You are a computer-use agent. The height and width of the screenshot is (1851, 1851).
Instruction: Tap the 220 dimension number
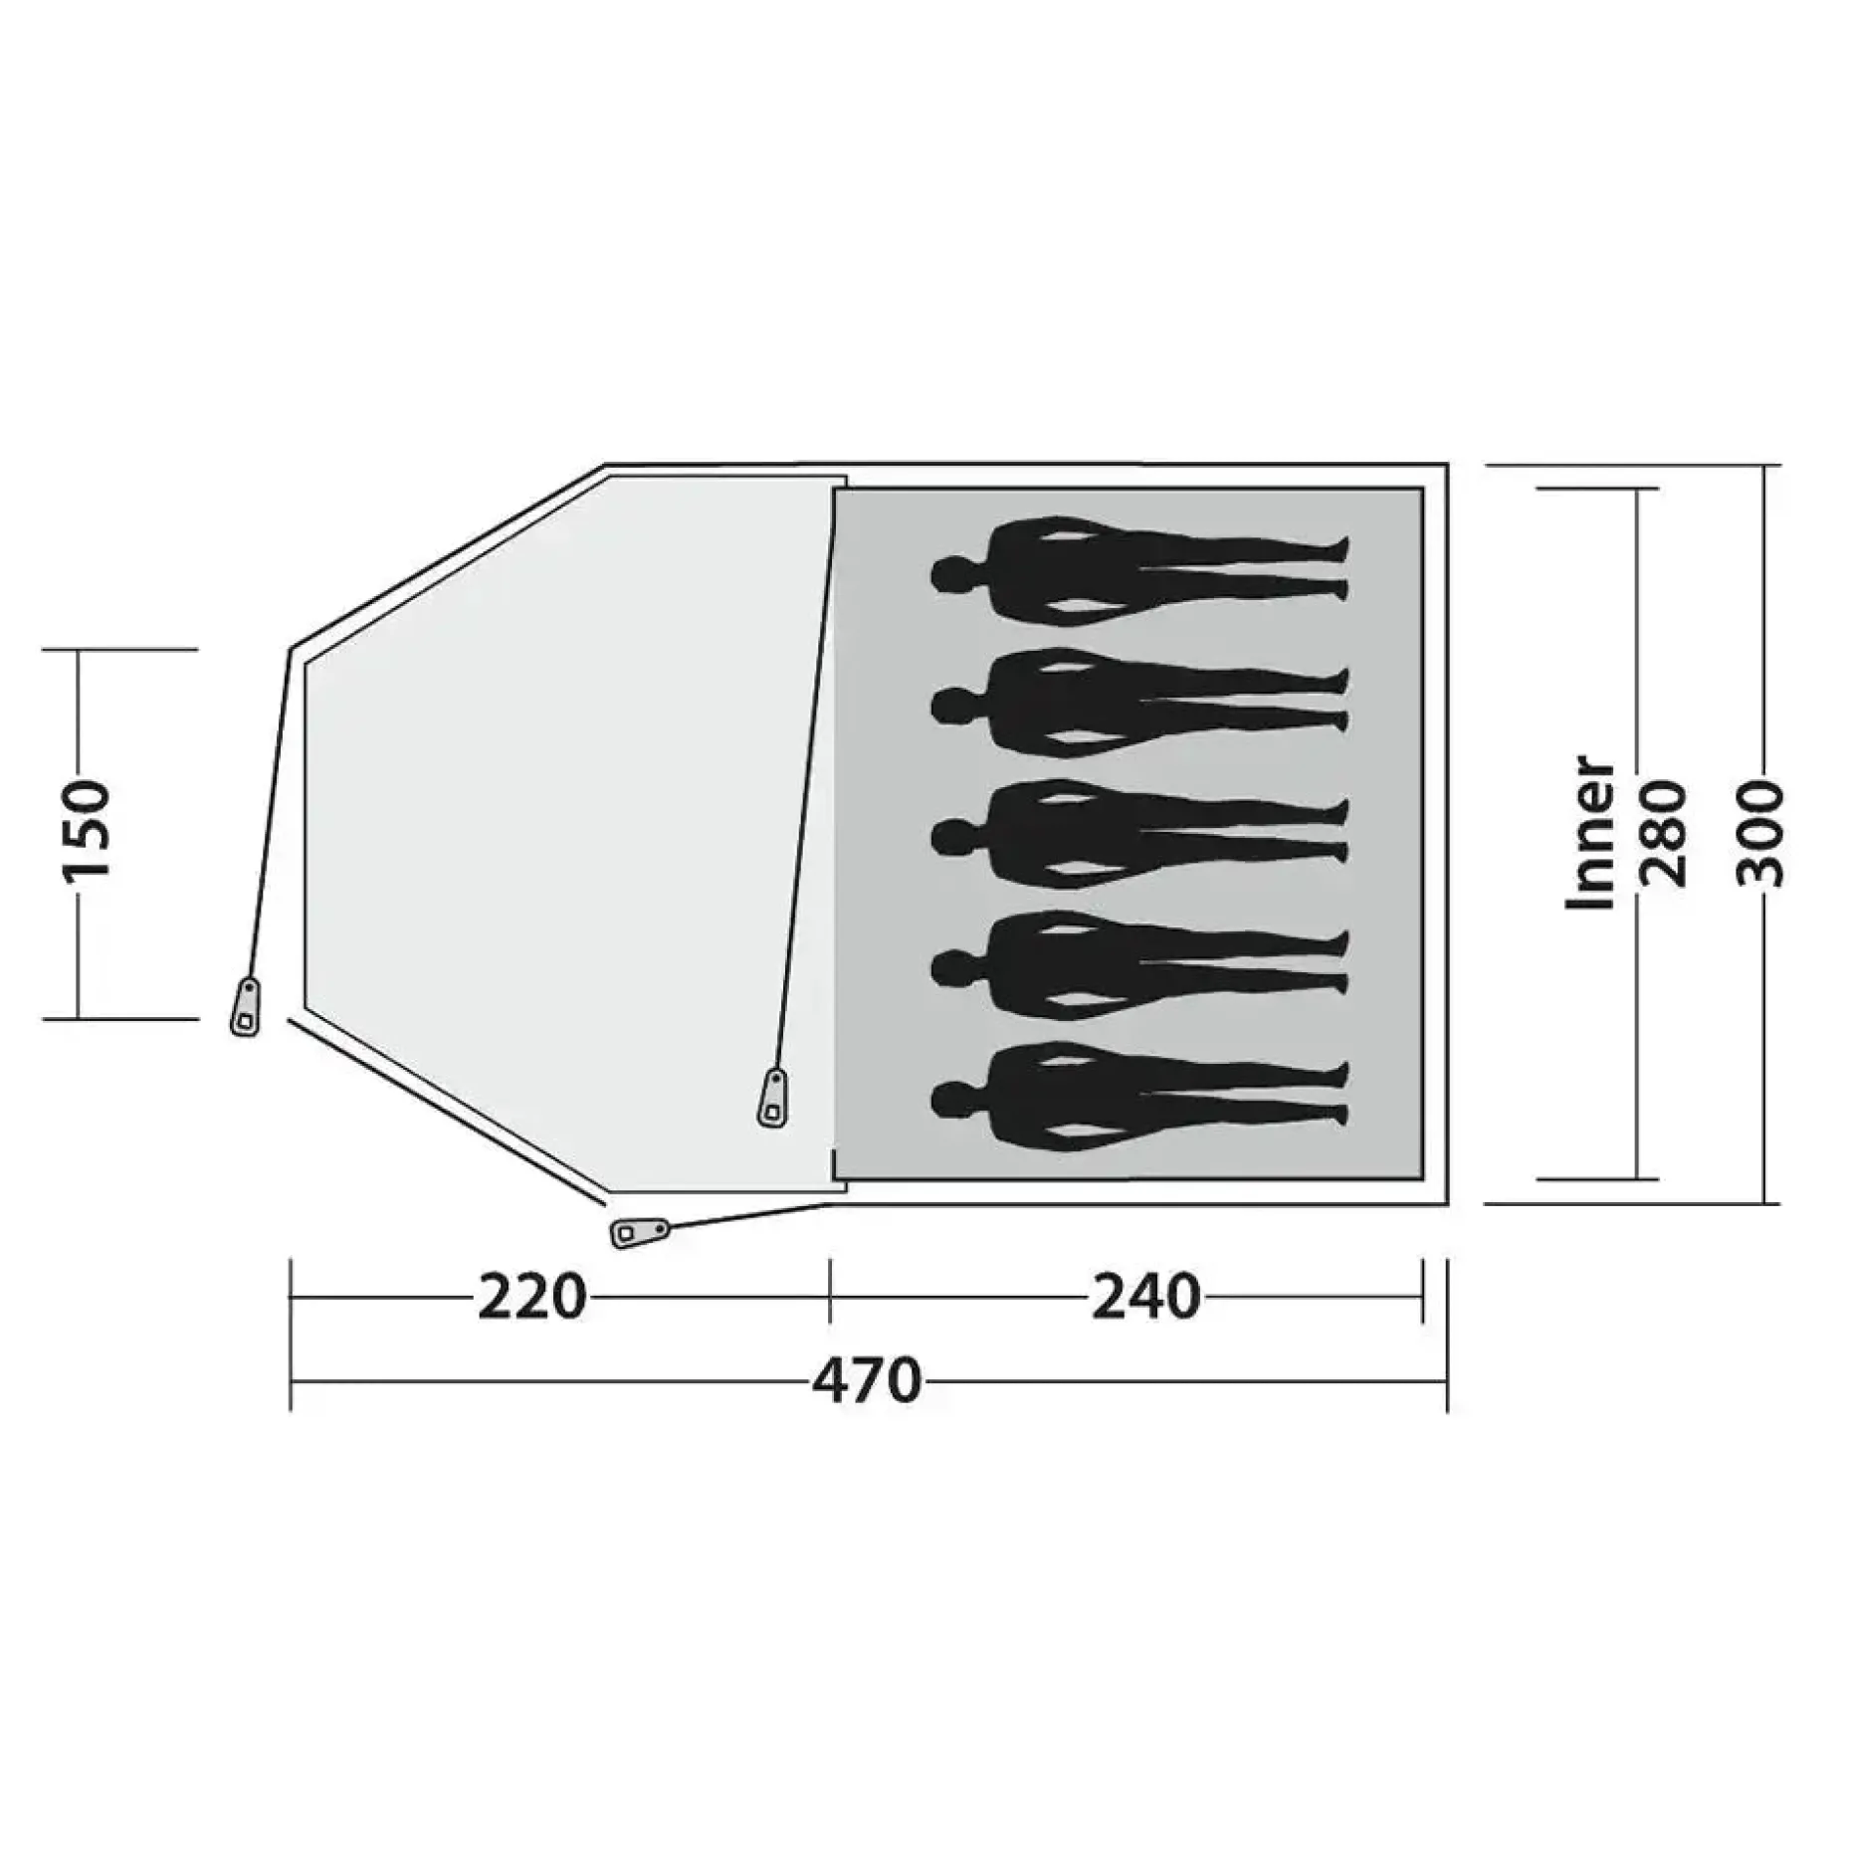pos(532,1298)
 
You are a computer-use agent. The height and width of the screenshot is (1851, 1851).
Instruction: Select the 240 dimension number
pos(1146,1298)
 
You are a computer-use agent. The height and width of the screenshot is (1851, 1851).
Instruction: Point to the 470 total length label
pos(867,1381)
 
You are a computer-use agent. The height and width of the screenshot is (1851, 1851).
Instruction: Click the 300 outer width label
pos(1761,833)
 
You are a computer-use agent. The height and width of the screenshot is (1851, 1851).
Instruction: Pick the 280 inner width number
pos(1665,833)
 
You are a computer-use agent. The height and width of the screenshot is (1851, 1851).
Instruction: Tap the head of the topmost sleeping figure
pos(951,573)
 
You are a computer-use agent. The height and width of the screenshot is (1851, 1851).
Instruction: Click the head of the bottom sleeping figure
pos(951,1099)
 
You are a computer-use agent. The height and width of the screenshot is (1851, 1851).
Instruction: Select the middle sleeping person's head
pos(951,837)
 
